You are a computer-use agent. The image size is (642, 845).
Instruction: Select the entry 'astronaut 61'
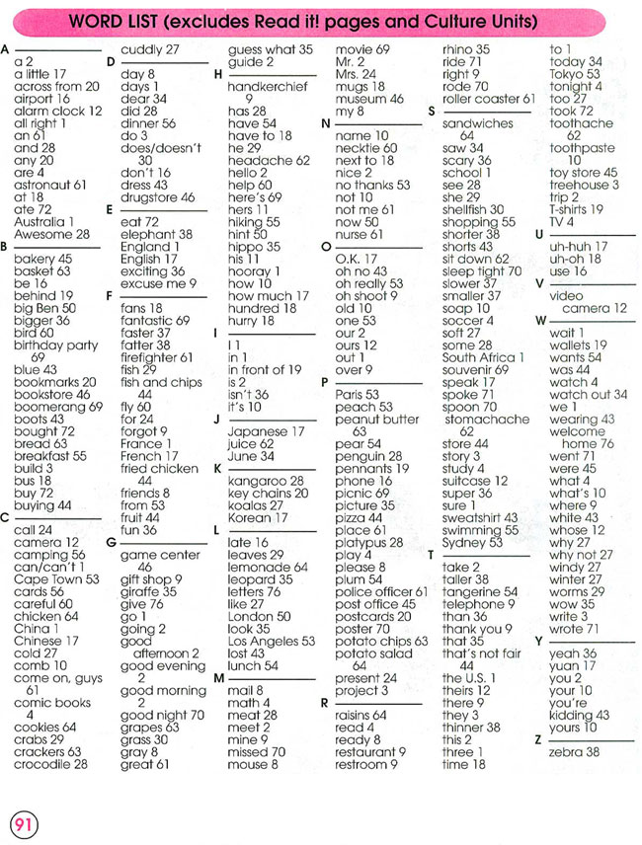pos(50,184)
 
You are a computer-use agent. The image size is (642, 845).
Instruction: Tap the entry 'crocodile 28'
pos(50,763)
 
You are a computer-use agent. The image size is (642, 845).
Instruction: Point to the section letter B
pos(7,247)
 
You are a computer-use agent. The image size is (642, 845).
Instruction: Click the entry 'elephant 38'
pos(156,234)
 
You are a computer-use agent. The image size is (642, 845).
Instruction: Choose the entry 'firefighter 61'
pos(158,357)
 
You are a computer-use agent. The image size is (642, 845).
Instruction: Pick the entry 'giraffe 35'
pos(149,591)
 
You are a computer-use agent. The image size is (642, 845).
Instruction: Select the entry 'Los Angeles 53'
pos(272,640)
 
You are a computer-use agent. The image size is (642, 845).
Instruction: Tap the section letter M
pos(219,678)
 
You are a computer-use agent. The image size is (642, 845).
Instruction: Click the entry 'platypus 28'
pos(369,542)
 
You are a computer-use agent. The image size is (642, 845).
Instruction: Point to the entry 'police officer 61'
pos(381,591)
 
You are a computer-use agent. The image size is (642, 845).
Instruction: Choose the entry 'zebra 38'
pos(574,751)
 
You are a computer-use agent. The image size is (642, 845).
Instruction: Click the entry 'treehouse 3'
pos(585,184)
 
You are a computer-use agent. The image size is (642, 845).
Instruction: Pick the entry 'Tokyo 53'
pos(575,73)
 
